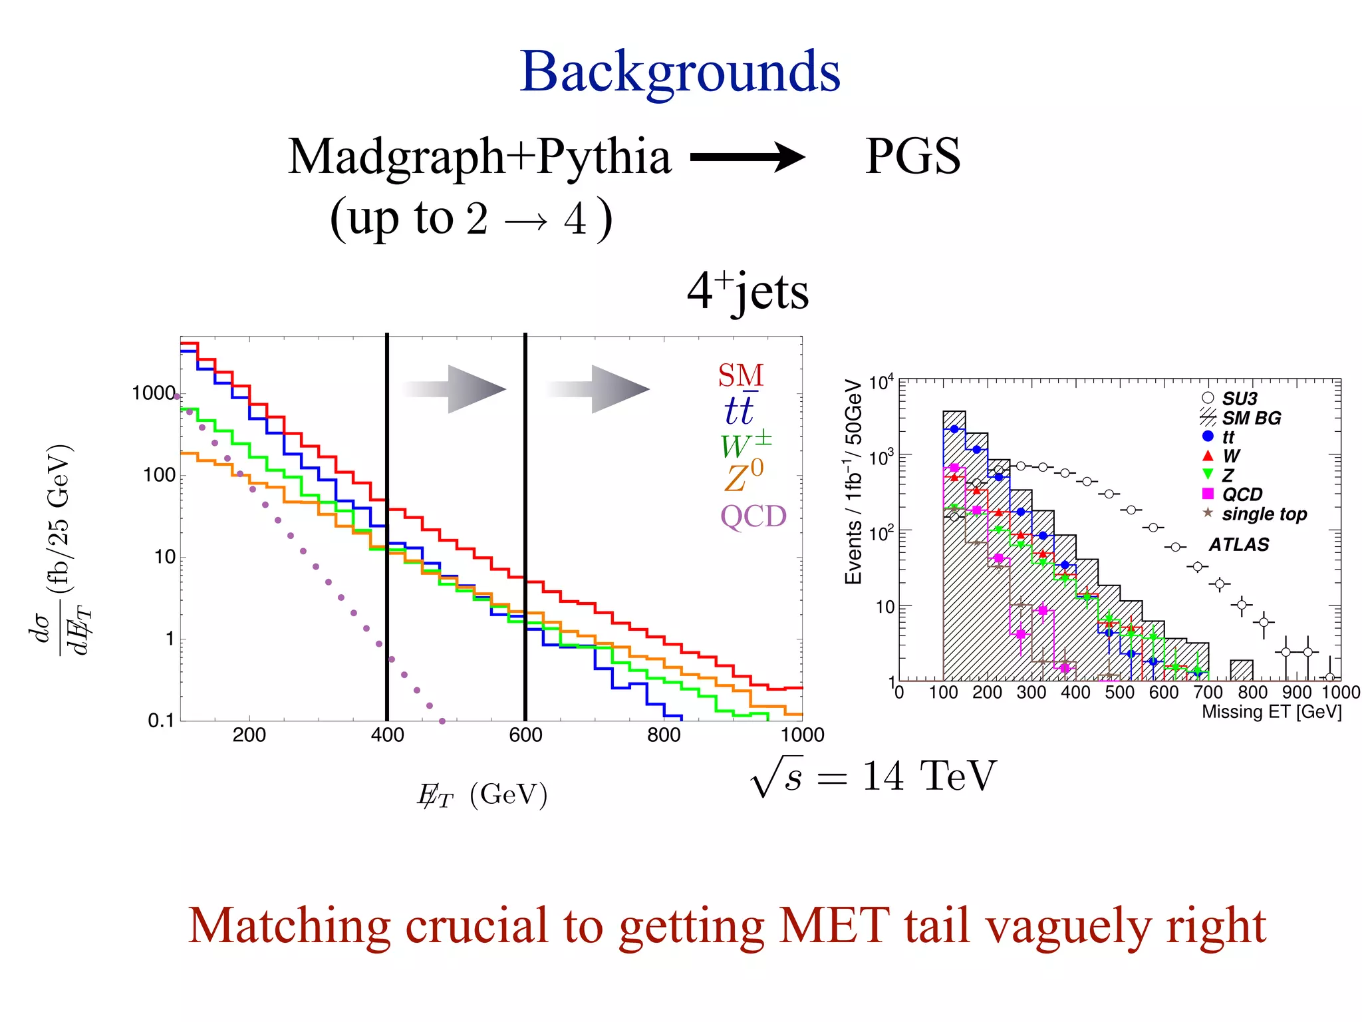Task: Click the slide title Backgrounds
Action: pyautogui.click(x=680, y=72)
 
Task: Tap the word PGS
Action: pyautogui.click(x=912, y=156)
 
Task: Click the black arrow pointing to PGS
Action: pyautogui.click(x=748, y=158)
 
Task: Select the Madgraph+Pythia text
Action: pyautogui.click(x=479, y=157)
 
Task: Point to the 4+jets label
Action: pyautogui.click(x=748, y=291)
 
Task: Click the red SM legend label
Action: pyautogui.click(x=740, y=376)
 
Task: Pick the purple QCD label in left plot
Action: pyautogui.click(x=753, y=516)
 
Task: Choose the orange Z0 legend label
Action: pyautogui.click(x=744, y=476)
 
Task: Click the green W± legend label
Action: pyautogui.click(x=745, y=444)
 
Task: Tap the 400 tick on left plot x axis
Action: pyautogui.click(x=387, y=735)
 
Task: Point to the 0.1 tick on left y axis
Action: pyautogui.click(x=160, y=721)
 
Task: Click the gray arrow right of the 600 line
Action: pyautogui.click(x=599, y=389)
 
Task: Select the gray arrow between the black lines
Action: pyautogui.click(x=455, y=389)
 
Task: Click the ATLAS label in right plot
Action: pyautogui.click(x=1238, y=545)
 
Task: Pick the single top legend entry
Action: pyautogui.click(x=1264, y=514)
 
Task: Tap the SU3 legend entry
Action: pyautogui.click(x=1239, y=399)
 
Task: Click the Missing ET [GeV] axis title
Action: pyautogui.click(x=1271, y=712)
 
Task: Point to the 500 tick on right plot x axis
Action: pyautogui.click(x=1119, y=693)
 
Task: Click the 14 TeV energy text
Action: pyautogui.click(x=929, y=776)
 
